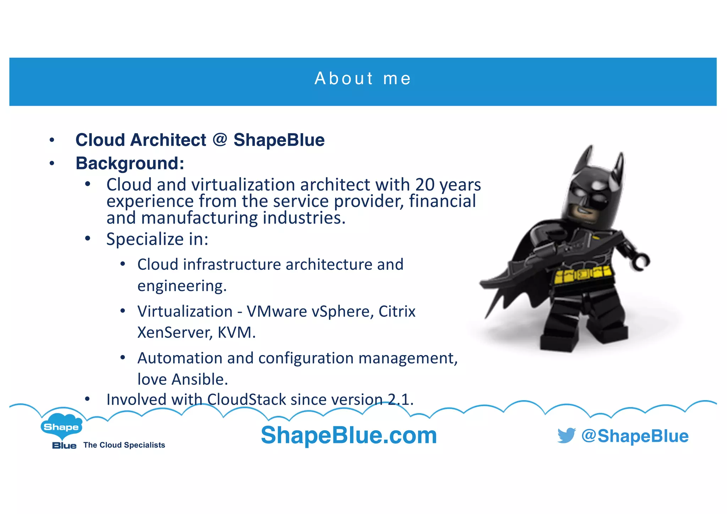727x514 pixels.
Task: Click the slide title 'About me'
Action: tap(362, 78)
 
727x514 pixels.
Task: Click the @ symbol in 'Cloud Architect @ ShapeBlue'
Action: tap(220, 139)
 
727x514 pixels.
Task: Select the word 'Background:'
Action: tap(130, 163)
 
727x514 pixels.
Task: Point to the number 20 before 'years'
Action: tap(425, 185)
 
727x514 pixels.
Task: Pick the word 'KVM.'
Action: tap(236, 333)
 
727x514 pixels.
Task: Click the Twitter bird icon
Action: tap(566, 435)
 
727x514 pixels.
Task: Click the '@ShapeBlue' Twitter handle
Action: tap(635, 436)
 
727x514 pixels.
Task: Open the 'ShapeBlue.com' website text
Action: tap(349, 435)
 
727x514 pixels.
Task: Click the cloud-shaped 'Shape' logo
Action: tap(61, 426)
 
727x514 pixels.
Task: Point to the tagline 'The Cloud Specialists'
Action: tap(124, 445)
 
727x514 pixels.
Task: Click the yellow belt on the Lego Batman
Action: tap(582, 274)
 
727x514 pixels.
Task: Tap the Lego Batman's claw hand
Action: tap(641, 262)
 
